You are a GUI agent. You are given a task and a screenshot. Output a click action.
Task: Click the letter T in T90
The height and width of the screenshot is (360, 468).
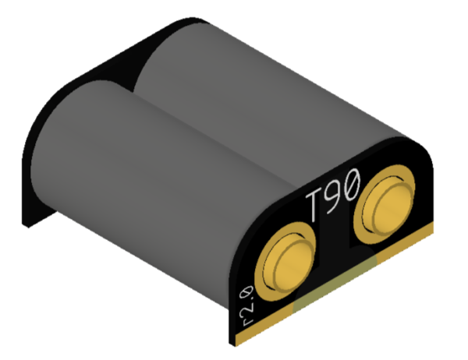[315, 206]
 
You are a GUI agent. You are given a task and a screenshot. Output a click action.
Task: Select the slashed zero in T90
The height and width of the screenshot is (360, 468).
[351, 184]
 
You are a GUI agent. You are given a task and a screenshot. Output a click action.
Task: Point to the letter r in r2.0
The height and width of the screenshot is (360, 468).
[248, 321]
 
